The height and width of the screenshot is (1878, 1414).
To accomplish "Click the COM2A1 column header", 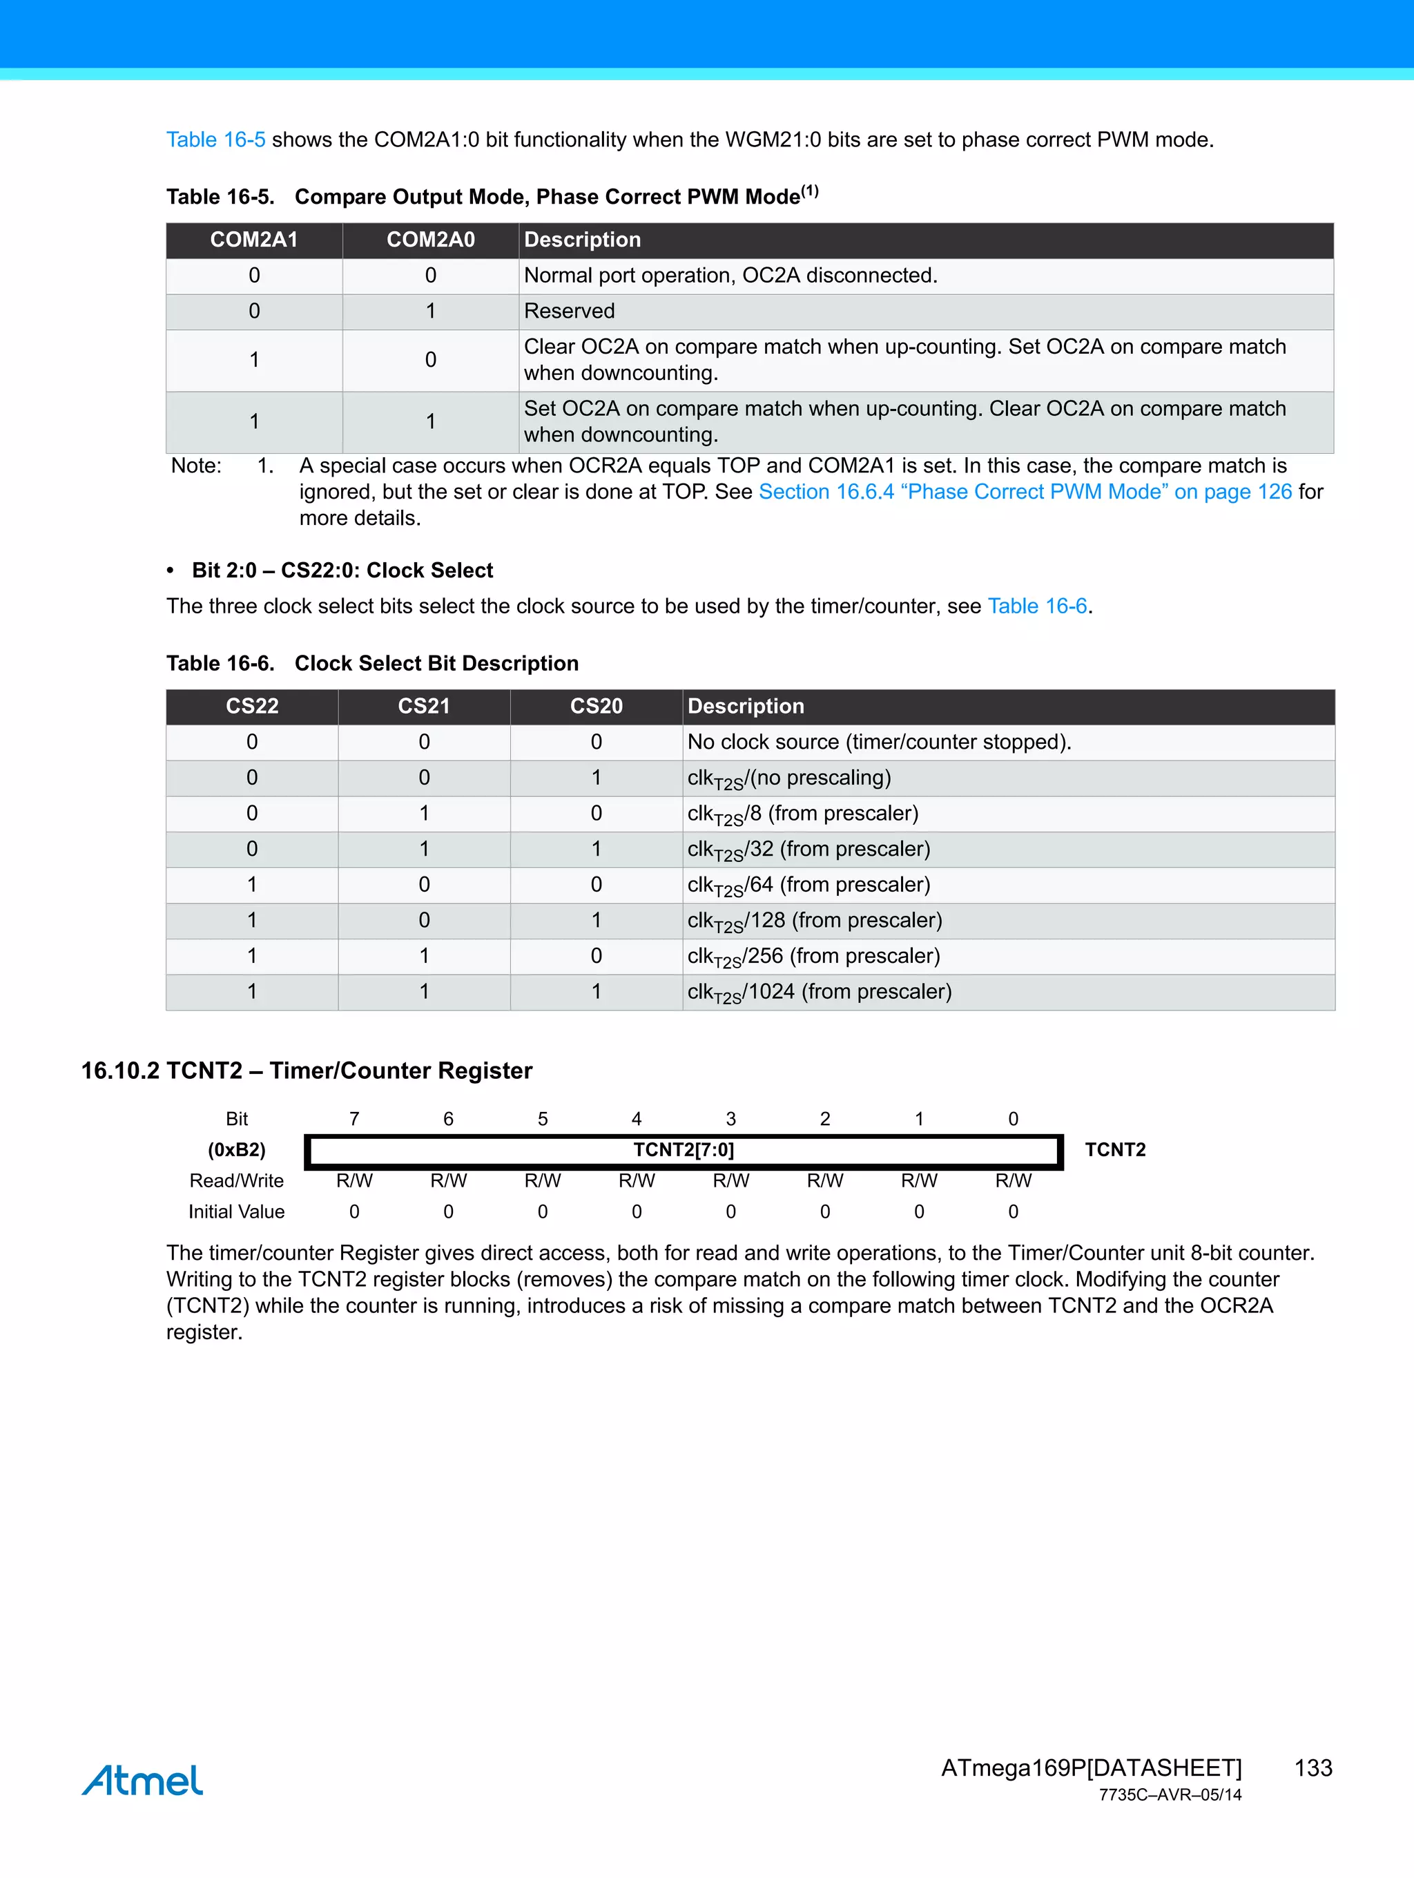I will pyautogui.click(x=254, y=240).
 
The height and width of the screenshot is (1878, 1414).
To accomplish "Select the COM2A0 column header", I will pyautogui.click(x=430, y=240).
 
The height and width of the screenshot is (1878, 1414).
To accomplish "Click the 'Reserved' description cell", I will pyautogui.click(x=570, y=312).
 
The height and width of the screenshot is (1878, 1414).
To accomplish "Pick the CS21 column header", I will pyautogui.click(x=423, y=707).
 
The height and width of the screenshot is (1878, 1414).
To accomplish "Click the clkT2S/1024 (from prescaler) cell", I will pyautogui.click(x=819, y=992).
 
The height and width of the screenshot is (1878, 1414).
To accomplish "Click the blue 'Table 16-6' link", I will pyautogui.click(x=1036, y=606).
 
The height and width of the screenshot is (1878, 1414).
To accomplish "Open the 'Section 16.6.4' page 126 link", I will pyautogui.click(x=1025, y=492).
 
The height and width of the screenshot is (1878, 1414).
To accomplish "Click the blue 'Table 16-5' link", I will pyautogui.click(x=215, y=140).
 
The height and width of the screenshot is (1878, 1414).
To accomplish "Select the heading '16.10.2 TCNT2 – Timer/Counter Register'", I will pyautogui.click(x=307, y=1071).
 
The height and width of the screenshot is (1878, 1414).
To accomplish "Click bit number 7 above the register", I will pyautogui.click(x=354, y=1119).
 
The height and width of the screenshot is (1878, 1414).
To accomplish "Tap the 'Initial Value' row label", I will pyautogui.click(x=236, y=1211).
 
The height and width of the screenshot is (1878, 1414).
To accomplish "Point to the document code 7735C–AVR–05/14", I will pyautogui.click(x=1169, y=1795).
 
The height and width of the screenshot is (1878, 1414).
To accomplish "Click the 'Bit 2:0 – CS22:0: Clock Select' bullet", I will pyautogui.click(x=342, y=571).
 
